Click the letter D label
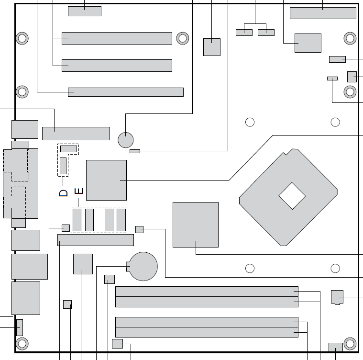pyautogui.click(x=63, y=193)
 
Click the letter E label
pyautogui.click(x=79, y=191)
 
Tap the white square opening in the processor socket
pyautogui.click(x=292, y=196)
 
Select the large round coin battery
pyautogui.click(x=143, y=266)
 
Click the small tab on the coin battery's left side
pyautogui.click(x=128, y=267)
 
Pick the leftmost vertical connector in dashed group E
pyautogui.click(x=77, y=220)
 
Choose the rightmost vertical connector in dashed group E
pyautogui.click(x=121, y=220)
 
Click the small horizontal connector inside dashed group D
pyautogui.click(x=68, y=149)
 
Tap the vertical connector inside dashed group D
pyautogui.click(x=63, y=166)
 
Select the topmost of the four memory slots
pyautogui.click(x=207, y=292)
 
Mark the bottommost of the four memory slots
pyautogui.click(x=207, y=332)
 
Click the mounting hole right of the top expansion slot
pyautogui.click(x=183, y=38)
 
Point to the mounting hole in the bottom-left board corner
pyautogui.click(x=22, y=344)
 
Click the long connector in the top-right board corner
pyautogui.click(x=323, y=13)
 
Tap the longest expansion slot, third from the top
pyautogui.click(x=126, y=92)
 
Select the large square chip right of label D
pyautogui.click(x=107, y=180)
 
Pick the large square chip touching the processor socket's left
pyautogui.click(x=196, y=225)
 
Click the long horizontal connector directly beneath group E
pyautogui.click(x=96, y=240)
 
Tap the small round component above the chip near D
pyautogui.click(x=126, y=140)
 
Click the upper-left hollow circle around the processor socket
pyautogui.click(x=250, y=122)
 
